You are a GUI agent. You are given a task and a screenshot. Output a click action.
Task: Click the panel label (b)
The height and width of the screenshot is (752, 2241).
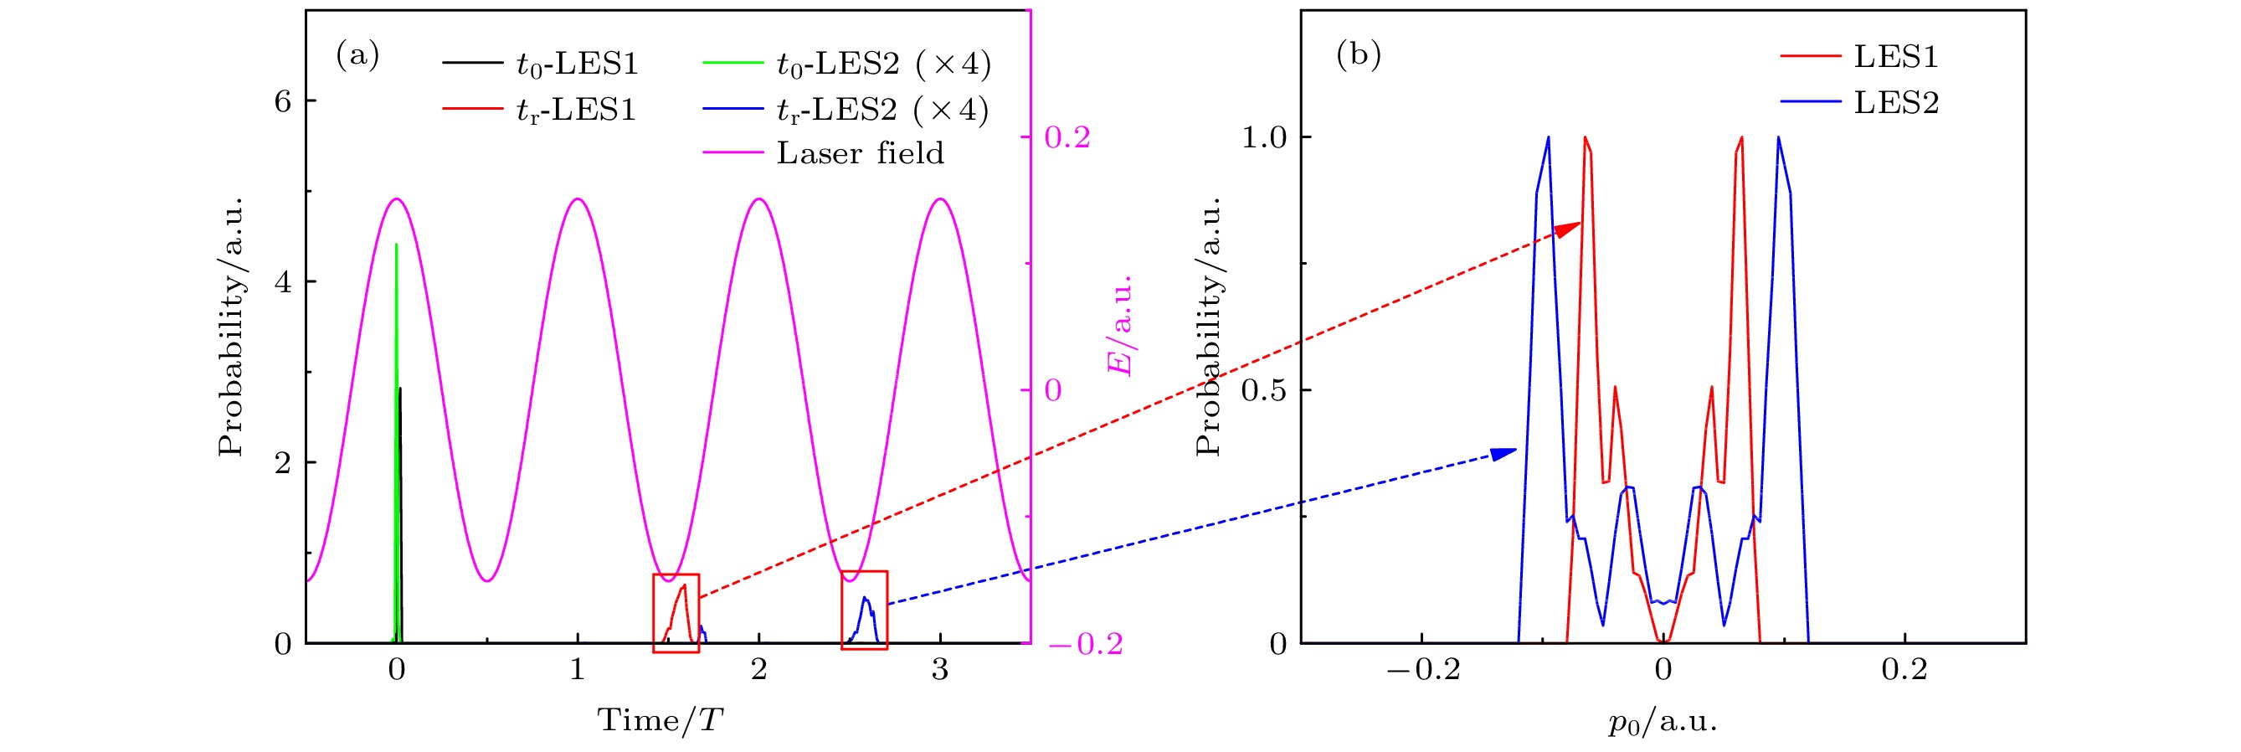tap(1358, 56)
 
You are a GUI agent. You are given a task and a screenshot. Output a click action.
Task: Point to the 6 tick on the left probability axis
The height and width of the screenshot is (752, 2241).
tap(283, 102)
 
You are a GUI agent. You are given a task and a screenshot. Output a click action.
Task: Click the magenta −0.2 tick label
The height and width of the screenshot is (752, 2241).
tap(1086, 644)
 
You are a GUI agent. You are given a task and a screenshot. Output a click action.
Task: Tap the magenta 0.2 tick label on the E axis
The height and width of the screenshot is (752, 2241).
tap(1067, 137)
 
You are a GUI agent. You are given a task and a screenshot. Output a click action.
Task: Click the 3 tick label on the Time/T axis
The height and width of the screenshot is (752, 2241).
tap(939, 669)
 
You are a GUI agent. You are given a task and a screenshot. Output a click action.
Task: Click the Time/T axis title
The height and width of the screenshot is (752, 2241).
tap(660, 720)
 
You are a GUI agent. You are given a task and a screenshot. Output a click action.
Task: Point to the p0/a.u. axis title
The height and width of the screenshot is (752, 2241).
tap(1663, 722)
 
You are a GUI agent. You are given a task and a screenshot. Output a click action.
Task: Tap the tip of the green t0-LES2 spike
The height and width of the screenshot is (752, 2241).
tap(397, 245)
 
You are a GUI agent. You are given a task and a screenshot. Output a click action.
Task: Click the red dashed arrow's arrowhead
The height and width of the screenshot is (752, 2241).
tap(1571, 228)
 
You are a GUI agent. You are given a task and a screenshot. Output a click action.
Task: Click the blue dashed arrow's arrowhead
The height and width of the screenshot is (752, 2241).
tap(1506, 452)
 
